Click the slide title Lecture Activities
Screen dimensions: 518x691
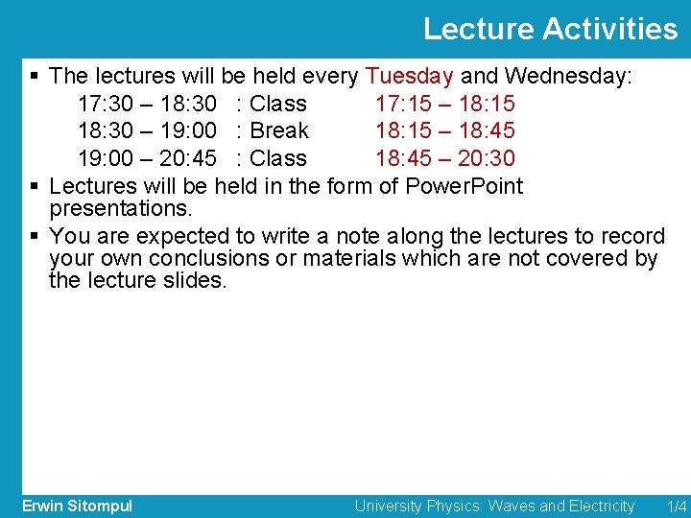pyautogui.click(x=550, y=29)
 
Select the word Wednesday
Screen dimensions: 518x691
pyautogui.click(x=566, y=76)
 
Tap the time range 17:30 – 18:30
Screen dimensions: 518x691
pyautogui.click(x=146, y=104)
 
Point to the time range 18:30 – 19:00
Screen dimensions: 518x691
pyautogui.click(x=146, y=130)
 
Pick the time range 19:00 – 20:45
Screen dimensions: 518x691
pyautogui.click(x=146, y=158)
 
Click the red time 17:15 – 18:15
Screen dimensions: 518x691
pyautogui.click(x=444, y=104)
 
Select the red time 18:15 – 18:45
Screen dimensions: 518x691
pyautogui.click(x=444, y=130)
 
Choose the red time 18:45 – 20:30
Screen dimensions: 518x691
pyautogui.click(x=444, y=158)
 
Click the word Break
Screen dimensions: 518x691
pyautogui.click(x=278, y=130)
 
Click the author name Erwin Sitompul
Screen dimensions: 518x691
pyautogui.click(x=78, y=506)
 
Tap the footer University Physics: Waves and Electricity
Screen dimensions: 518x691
pyautogui.click(x=494, y=506)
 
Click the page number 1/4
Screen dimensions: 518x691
pyautogui.click(x=677, y=506)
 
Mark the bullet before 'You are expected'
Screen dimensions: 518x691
pyautogui.click(x=35, y=236)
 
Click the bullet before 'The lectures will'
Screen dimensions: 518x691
pyautogui.click(x=35, y=76)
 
